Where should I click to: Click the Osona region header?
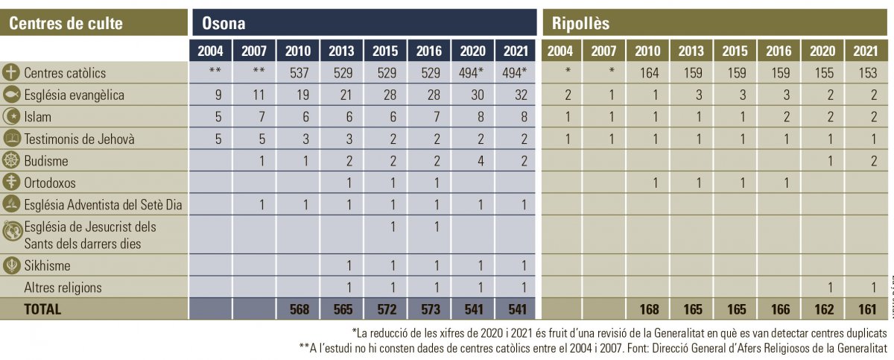coord(223,23)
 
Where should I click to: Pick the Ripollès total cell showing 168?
coord(647,309)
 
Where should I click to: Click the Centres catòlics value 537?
coord(298,73)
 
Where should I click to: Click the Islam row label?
coord(38,117)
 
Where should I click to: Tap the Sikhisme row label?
coord(47,265)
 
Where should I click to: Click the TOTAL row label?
coord(43,309)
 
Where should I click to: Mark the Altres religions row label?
coord(63,287)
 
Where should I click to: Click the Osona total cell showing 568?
coord(298,309)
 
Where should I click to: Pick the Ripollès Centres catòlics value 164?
coord(647,73)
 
